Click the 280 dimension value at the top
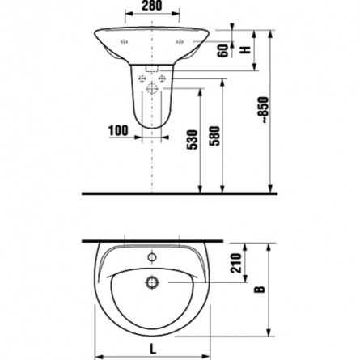coord(152,6)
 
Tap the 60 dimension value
coord(222,51)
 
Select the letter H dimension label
coord(245,49)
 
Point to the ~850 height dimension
coord(265,110)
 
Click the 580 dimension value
coord(215,136)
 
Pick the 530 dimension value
coord(193,140)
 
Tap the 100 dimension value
coord(118,131)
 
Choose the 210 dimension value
coord(236,263)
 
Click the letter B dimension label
coord(260,290)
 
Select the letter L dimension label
coord(153,349)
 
